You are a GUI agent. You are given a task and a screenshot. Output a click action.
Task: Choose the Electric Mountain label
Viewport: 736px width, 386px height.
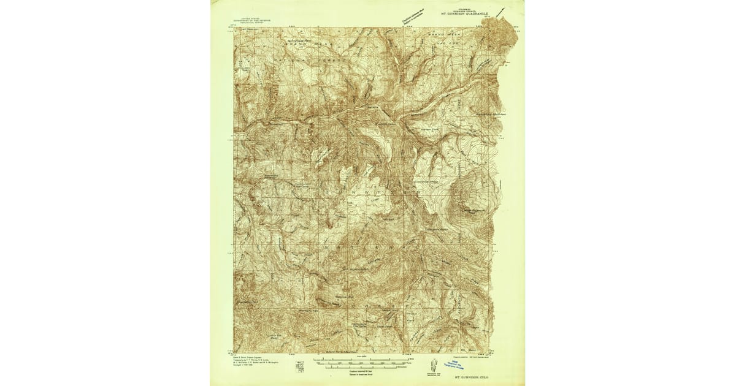[489, 114]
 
